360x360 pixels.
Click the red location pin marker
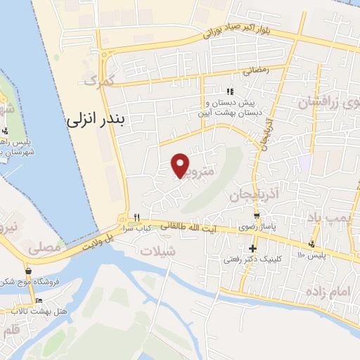point(181,165)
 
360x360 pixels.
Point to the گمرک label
point(98,82)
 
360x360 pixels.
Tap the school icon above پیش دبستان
point(229,91)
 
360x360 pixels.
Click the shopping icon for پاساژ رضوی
point(257,216)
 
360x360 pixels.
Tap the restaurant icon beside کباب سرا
point(139,217)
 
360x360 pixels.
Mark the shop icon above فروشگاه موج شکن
point(28,271)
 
